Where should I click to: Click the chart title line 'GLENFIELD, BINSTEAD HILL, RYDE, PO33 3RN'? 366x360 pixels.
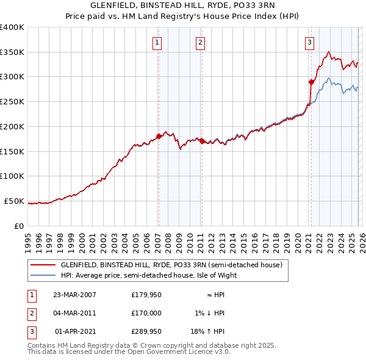[x=182, y=5]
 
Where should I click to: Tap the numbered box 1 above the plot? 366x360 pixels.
[x=157, y=42]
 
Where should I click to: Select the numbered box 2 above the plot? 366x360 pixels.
[x=200, y=42]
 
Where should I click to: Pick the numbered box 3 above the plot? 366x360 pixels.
[x=309, y=42]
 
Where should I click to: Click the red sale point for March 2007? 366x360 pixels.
[x=159, y=136]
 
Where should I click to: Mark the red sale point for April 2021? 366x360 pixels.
[x=311, y=81]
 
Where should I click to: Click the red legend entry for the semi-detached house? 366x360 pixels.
[x=171, y=265]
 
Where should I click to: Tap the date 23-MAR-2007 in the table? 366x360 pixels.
[x=74, y=294]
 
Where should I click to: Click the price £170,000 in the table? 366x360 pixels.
[x=146, y=313]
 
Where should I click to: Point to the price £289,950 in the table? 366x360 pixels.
[x=146, y=332]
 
